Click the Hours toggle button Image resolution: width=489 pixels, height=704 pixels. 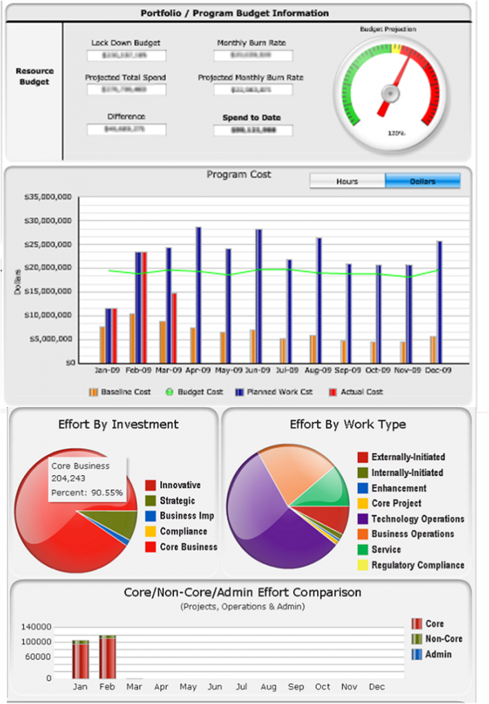point(347,181)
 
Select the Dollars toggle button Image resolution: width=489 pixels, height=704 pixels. point(422,181)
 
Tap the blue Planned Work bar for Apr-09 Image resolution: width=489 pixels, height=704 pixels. point(198,295)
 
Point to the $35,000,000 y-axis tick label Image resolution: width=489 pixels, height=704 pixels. point(48,197)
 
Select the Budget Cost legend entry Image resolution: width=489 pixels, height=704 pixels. point(195,392)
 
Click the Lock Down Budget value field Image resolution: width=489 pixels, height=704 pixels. point(127,56)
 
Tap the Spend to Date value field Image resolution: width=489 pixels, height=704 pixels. point(252,130)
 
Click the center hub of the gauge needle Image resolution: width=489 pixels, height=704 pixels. point(390,91)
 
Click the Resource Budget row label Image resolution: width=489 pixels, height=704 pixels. point(34,76)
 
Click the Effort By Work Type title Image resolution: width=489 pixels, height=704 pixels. point(347,425)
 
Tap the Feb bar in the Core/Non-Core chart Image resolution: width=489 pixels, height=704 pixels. point(107,656)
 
